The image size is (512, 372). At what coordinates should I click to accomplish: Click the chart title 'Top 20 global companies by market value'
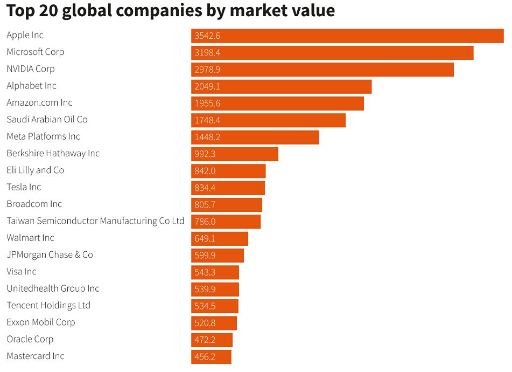pos(171,11)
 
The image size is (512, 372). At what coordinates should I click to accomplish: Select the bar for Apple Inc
pos(347,36)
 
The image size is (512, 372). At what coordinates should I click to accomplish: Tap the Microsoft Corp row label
pos(36,52)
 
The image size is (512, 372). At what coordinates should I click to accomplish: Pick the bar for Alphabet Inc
pos(281,86)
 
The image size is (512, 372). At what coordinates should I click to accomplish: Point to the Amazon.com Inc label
pos(39,103)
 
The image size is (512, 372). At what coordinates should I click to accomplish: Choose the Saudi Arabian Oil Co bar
pos(268,120)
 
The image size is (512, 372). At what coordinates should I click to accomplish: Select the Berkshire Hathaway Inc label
pos(53,154)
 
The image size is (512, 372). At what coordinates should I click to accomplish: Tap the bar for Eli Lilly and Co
pos(228,171)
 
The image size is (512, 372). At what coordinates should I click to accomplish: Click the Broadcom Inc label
pos(34,204)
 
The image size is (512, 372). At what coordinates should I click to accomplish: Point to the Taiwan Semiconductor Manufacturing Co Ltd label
pos(95,221)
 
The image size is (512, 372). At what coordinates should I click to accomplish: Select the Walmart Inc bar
pos(220,239)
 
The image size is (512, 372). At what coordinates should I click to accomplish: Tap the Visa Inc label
pos(22,272)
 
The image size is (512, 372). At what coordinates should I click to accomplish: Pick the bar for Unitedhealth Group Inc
pos(215,290)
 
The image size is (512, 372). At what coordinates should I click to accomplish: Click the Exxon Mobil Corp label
pos(41,322)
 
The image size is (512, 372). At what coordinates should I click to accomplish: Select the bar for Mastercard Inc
pos(211,357)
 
